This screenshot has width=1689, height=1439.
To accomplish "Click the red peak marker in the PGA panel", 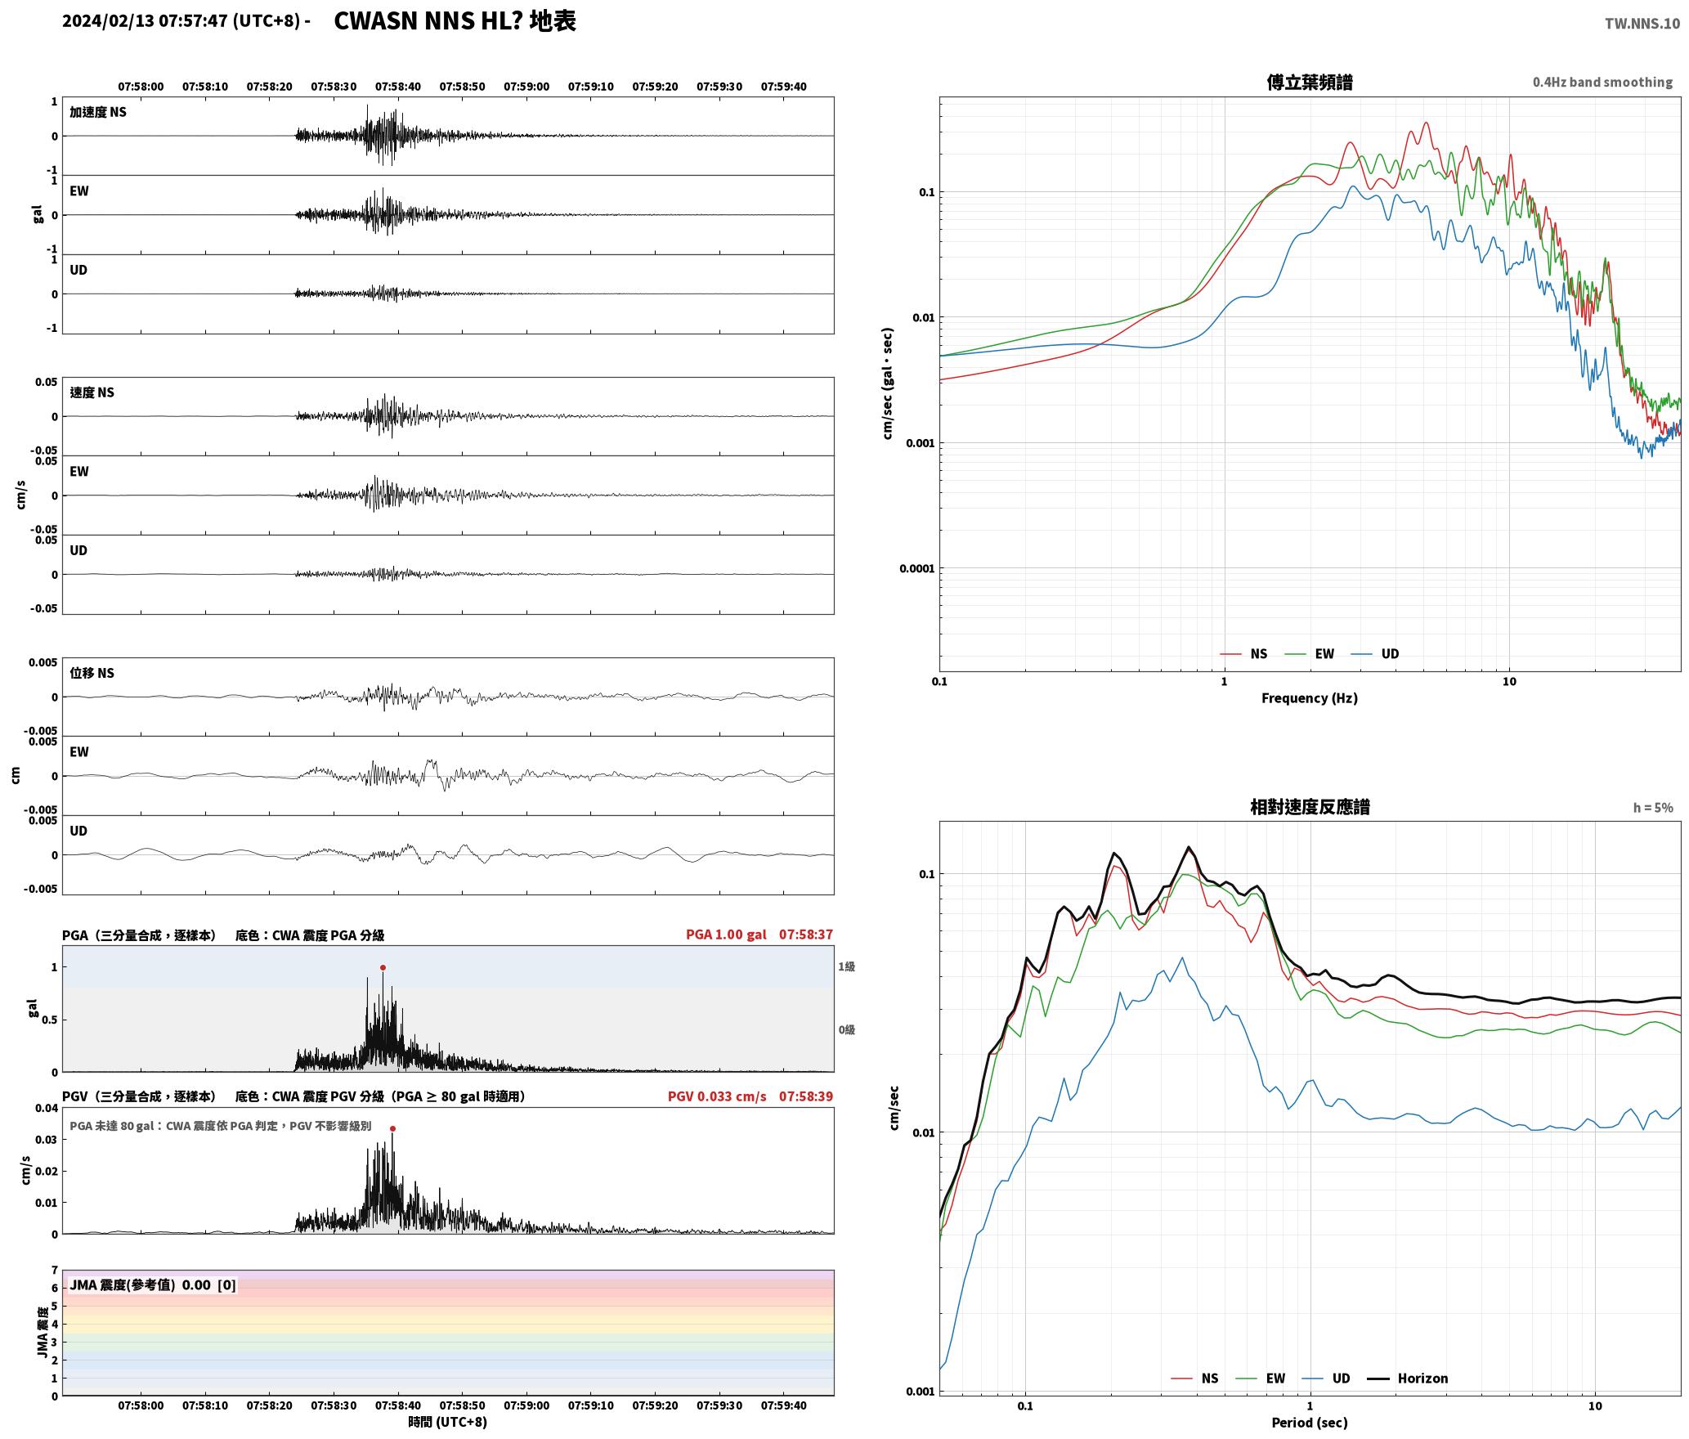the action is pos(383,967).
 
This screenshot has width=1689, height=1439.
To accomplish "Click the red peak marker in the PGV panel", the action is pos(392,1128).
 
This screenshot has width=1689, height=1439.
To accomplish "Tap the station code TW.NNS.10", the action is pos(1642,24).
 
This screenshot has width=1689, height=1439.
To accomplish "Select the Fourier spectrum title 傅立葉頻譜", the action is pos(1309,83).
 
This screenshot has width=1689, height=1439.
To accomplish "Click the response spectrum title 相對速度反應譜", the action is pos(1310,807).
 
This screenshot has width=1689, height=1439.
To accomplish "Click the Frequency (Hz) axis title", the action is pos(1309,698).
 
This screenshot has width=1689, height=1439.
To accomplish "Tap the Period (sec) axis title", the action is pos(1309,1423).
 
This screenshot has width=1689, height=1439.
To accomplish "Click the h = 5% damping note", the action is pos(1653,808).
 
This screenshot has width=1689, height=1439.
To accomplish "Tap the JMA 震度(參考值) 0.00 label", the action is pos(140,1285).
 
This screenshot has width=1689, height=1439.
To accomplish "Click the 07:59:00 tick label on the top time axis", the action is pos(526,87).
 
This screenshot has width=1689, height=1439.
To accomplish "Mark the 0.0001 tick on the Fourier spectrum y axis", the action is pos(916,569).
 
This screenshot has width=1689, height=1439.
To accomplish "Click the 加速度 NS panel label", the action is pos(98,113).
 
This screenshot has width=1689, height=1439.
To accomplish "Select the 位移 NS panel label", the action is pos(92,674).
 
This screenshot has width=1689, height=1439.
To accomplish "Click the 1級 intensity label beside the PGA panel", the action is pos(846,967).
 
